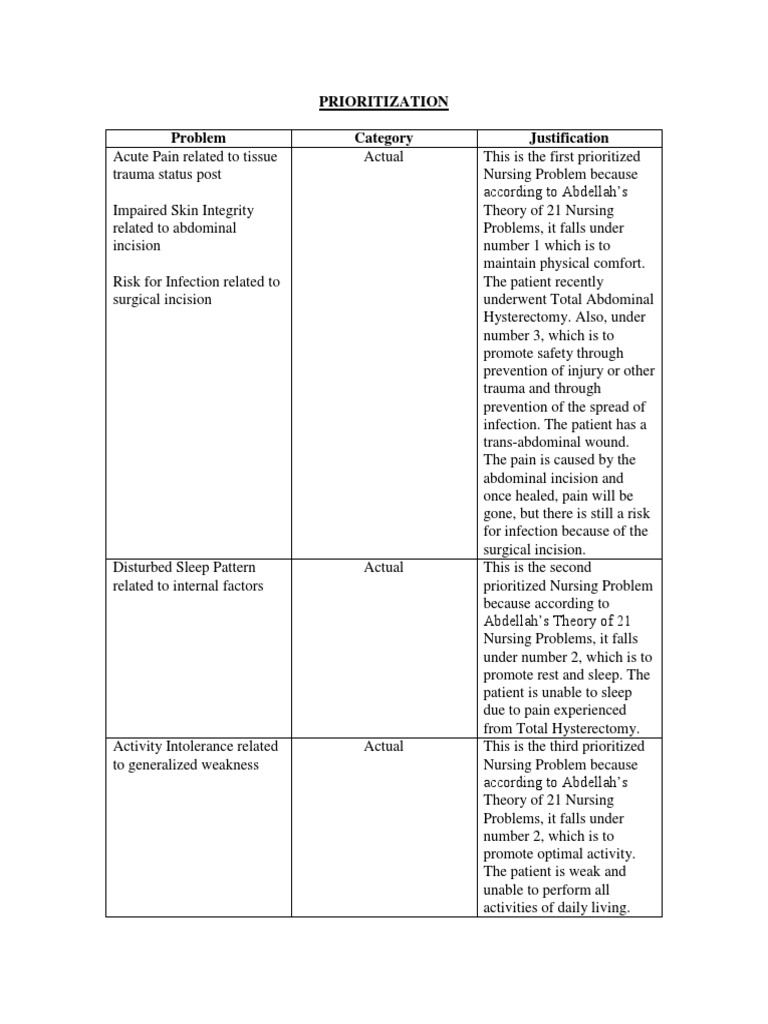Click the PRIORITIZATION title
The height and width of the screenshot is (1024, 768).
point(384,102)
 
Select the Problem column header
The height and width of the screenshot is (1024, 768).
point(198,138)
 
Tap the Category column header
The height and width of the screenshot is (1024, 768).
point(384,138)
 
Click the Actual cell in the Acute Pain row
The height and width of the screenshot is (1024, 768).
point(384,157)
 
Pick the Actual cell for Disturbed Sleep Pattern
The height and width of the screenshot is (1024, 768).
point(384,567)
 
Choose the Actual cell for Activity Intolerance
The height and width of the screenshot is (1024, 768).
point(384,746)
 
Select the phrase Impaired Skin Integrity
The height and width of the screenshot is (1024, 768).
point(183,210)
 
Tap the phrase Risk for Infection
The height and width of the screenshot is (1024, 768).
point(165,282)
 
